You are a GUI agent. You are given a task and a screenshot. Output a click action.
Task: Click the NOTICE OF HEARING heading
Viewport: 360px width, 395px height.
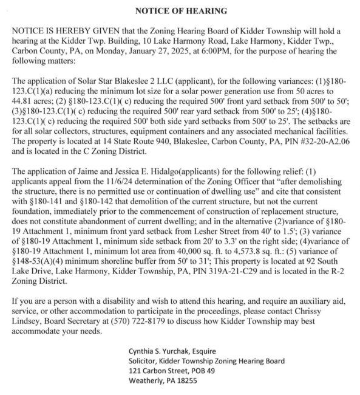pyautogui.click(x=180, y=11)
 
